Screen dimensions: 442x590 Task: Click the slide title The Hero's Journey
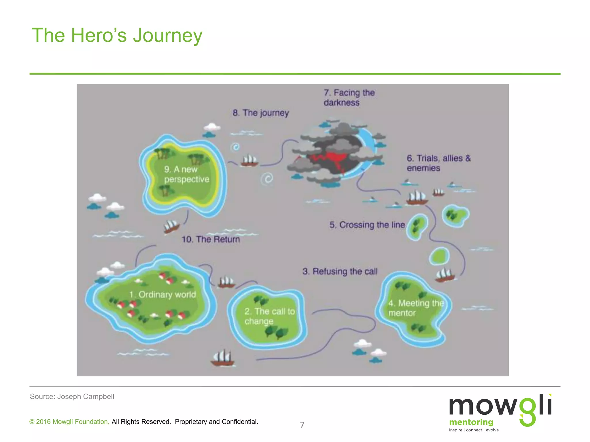117,35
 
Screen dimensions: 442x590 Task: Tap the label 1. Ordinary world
162,294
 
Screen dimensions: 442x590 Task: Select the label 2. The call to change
270,316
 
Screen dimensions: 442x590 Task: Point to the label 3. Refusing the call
340,271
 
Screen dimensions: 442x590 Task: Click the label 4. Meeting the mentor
416,308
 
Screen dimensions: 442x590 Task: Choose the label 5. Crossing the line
367,225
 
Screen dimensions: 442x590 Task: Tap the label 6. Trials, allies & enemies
438,163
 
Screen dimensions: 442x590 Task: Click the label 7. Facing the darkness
349,98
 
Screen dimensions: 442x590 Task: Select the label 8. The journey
260,113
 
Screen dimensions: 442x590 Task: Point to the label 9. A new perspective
186,174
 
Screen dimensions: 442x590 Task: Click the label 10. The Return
211,239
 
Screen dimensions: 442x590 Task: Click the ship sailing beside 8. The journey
249,161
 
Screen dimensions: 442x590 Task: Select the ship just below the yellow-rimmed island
171,226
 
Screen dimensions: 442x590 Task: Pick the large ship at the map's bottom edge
222,358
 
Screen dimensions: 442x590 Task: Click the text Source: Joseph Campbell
72,397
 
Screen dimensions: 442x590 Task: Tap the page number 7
302,425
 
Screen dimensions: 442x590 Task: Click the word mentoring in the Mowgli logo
471,422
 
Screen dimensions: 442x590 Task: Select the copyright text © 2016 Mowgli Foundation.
69,422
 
